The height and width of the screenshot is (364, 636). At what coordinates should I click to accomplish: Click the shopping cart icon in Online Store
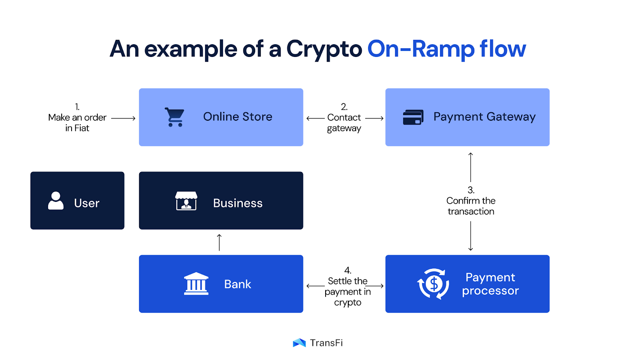click(175, 117)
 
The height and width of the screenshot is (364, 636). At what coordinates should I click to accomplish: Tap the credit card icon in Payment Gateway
click(413, 117)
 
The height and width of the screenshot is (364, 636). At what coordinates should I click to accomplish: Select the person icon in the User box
click(56, 201)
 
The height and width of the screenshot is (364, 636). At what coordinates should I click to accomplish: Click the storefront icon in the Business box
click(186, 201)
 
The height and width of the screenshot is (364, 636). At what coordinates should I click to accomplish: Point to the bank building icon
click(196, 284)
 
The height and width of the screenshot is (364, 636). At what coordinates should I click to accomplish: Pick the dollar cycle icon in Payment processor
click(433, 284)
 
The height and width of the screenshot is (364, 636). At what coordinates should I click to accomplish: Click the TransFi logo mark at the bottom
click(299, 343)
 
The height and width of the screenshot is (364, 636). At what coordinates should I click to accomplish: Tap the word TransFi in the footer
click(326, 343)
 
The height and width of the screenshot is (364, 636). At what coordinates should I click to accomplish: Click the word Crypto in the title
click(324, 49)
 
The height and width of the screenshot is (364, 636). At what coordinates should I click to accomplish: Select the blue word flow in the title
click(502, 49)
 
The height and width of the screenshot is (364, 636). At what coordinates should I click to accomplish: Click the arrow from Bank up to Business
click(219, 243)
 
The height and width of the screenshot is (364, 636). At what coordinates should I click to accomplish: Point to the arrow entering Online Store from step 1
click(123, 118)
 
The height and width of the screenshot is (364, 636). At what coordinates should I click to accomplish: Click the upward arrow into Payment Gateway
click(471, 167)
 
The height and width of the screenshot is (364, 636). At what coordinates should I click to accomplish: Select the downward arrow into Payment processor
click(471, 236)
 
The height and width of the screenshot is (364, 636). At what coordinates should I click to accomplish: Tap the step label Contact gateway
click(344, 123)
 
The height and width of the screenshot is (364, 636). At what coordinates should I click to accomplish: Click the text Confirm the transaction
click(471, 206)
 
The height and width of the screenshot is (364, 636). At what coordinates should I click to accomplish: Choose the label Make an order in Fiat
click(78, 123)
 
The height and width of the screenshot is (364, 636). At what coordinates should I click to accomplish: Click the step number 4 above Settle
click(347, 270)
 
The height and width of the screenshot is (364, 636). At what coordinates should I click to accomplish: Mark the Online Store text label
click(238, 117)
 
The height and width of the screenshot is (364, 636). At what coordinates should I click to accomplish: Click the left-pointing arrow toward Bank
click(316, 286)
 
